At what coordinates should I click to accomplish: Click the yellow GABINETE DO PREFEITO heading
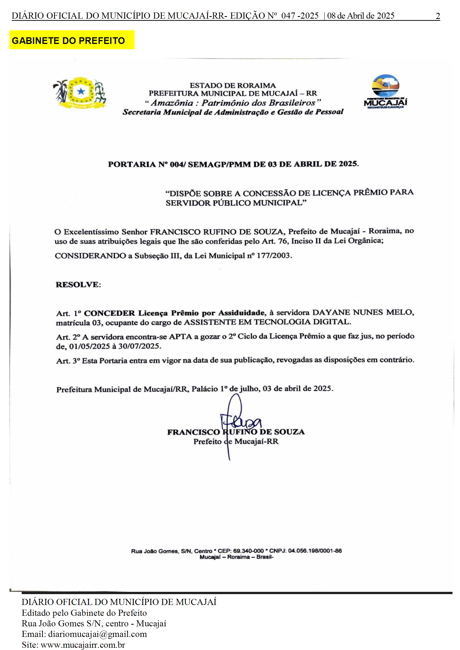pyautogui.click(x=68, y=41)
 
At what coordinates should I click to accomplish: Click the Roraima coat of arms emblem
pyautogui.click(x=80, y=92)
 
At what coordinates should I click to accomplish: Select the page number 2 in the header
pyautogui.click(x=437, y=16)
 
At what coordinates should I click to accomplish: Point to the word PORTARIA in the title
pyautogui.click(x=131, y=164)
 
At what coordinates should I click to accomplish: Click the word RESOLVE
pyautogui.click(x=78, y=284)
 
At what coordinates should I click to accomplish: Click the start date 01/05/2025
pyautogui.click(x=89, y=346)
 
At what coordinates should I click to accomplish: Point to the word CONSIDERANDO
pyautogui.click(x=90, y=256)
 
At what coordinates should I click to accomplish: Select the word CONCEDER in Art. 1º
pyautogui.click(x=109, y=313)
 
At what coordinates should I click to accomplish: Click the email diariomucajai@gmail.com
pyautogui.click(x=98, y=634)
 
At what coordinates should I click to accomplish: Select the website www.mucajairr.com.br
pyautogui.click(x=83, y=645)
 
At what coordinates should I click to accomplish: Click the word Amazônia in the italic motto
pyautogui.click(x=172, y=103)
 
